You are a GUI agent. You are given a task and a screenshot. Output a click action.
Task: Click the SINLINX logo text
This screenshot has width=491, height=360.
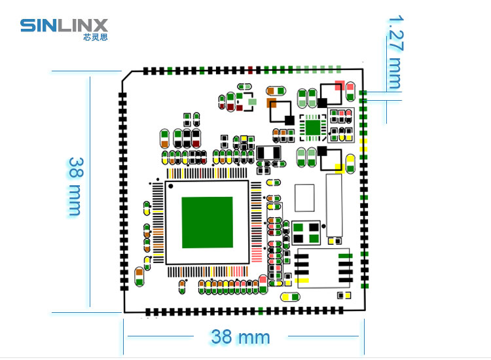point(64,26)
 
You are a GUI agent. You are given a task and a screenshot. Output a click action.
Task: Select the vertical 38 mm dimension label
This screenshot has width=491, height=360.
point(75,186)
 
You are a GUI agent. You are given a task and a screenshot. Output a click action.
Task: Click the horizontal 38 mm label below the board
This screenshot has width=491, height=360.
point(240,337)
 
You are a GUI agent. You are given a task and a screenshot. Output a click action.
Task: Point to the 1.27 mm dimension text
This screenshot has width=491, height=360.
point(395,52)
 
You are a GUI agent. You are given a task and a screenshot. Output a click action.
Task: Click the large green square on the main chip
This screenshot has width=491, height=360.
point(207,223)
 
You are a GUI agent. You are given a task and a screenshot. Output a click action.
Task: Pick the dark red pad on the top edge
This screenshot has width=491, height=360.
point(251,70)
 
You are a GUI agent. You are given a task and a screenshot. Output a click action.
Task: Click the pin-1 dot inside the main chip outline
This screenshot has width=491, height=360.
point(171,188)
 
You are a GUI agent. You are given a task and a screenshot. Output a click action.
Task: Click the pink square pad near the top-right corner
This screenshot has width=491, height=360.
point(339,85)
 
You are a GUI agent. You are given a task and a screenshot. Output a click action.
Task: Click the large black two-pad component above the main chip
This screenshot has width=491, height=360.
point(269,153)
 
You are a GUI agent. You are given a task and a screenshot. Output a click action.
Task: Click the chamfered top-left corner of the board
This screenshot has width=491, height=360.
point(126,77)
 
